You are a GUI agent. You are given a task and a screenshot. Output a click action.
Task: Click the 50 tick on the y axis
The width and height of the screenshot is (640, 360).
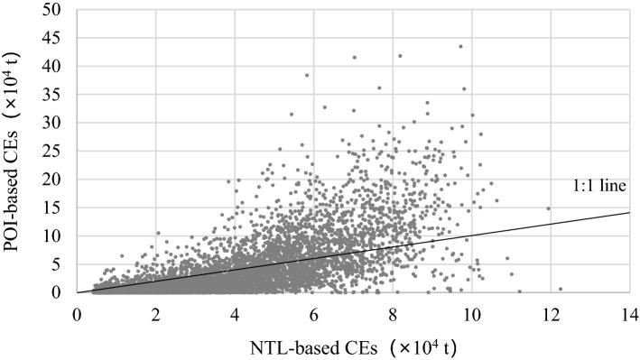pyautogui.click(x=57, y=9)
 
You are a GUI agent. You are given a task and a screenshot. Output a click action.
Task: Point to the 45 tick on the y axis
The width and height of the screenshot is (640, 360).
pyautogui.click(x=57, y=37)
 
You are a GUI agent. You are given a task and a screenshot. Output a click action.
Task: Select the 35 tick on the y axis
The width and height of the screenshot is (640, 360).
pyautogui.click(x=57, y=94)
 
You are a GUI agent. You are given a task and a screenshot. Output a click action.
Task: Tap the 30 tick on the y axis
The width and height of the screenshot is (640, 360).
pyautogui.click(x=57, y=122)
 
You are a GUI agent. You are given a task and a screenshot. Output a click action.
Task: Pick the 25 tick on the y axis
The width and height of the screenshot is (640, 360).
pyautogui.click(x=57, y=151)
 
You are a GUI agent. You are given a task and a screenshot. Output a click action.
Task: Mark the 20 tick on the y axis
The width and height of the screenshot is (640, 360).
pyautogui.click(x=57, y=179)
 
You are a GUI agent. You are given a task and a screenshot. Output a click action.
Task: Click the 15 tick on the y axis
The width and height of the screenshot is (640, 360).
pyautogui.click(x=57, y=208)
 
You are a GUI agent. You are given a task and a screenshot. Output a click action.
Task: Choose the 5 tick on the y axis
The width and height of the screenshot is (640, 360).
pyautogui.click(x=60, y=263)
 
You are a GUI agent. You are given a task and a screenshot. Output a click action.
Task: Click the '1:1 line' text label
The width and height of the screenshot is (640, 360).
pyautogui.click(x=600, y=187)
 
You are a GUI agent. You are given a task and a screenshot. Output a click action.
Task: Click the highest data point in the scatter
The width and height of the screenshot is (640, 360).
pyautogui.click(x=460, y=46)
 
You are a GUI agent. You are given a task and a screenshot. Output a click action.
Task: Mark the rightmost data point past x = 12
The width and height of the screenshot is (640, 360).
pyautogui.click(x=561, y=289)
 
